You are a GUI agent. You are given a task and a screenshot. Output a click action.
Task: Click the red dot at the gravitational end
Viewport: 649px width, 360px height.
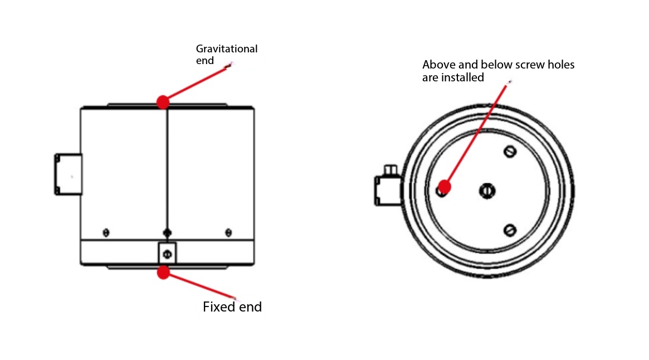[x=163, y=102]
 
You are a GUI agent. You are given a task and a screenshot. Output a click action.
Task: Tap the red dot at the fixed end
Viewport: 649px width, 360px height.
[x=163, y=273]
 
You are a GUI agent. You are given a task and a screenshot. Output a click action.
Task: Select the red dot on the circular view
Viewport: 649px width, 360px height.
[x=444, y=186]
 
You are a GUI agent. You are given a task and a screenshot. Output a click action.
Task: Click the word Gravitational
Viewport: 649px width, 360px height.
[x=227, y=49]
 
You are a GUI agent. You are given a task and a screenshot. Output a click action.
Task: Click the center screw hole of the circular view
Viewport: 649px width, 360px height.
[x=487, y=191]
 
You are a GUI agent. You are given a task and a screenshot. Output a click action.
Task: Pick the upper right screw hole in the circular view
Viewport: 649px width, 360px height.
[x=510, y=152]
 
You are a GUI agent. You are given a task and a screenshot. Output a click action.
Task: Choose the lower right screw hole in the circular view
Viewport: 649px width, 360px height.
[x=510, y=230]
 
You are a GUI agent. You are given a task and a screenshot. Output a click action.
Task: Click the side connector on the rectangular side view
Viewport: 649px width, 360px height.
[x=69, y=174]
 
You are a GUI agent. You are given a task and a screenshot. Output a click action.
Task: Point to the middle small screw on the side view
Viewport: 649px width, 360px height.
[x=167, y=232]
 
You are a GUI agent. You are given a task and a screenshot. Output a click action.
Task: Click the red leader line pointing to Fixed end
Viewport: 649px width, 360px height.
[x=201, y=285]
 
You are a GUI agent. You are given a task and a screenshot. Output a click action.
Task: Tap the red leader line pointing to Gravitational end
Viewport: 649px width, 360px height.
[x=195, y=84]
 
